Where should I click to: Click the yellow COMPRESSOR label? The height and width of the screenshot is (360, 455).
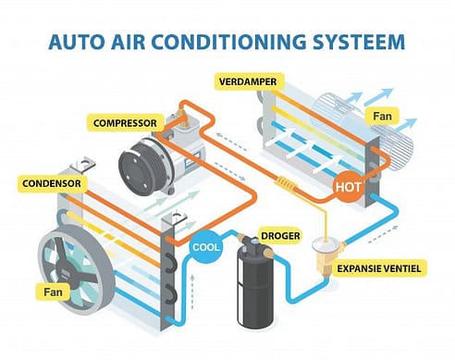click(x=126, y=122)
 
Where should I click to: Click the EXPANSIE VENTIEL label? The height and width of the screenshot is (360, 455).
click(x=383, y=267)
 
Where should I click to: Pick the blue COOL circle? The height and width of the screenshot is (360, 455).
click(x=205, y=247)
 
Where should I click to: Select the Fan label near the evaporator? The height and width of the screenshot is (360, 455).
click(x=383, y=118)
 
